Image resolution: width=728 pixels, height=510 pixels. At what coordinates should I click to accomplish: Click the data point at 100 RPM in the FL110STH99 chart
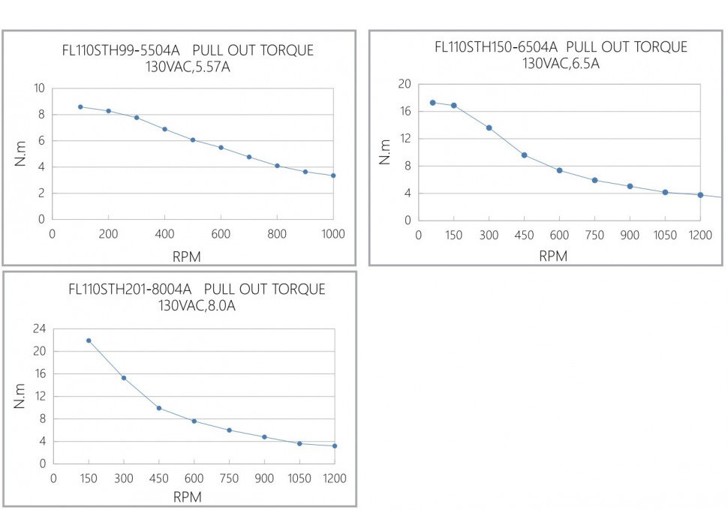pos(80,107)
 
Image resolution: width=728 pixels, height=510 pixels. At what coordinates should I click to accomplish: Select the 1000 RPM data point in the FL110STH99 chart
pos(333,175)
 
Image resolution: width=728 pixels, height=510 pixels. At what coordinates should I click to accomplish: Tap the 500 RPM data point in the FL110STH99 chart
pos(193,140)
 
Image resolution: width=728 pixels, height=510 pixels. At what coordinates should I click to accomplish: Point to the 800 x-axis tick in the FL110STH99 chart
pos(277,234)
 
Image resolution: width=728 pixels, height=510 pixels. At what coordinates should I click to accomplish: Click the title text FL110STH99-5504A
pos(121,51)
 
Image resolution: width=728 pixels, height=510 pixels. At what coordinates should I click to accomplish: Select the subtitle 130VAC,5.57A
pos(188,67)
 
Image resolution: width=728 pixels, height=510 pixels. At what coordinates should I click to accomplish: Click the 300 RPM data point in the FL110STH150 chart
pos(489,127)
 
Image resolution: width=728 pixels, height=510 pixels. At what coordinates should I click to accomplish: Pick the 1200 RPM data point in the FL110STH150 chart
pos(700,195)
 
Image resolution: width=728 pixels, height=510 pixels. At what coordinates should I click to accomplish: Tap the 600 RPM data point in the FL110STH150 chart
pos(559,170)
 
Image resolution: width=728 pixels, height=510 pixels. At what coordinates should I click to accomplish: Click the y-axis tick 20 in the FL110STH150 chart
pos(405,84)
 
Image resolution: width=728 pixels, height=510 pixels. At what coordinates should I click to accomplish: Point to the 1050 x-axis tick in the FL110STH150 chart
pos(665,235)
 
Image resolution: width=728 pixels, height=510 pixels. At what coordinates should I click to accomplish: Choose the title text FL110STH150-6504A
pos(496,47)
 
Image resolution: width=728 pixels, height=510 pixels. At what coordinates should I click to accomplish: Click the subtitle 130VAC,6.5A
pos(561,63)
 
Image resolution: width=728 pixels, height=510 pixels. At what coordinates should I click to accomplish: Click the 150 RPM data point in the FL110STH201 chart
pos(89,340)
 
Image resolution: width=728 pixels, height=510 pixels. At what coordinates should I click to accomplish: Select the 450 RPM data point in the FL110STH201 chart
pos(159,408)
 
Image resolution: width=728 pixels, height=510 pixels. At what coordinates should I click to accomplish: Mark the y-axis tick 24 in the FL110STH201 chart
pos(39,328)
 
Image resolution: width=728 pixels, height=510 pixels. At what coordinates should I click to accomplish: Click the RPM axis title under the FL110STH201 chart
pos(187,496)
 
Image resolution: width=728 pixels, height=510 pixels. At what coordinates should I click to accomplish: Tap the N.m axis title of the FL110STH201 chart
pos(20,396)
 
